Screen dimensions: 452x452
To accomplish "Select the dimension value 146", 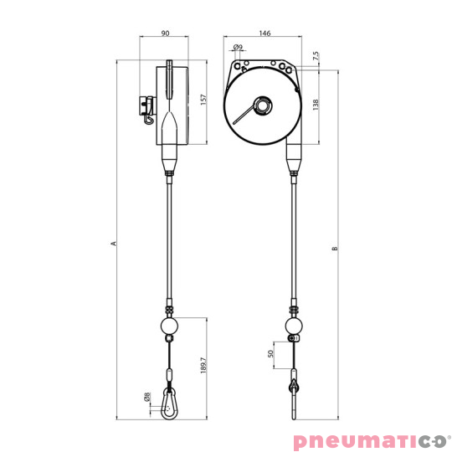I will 265,33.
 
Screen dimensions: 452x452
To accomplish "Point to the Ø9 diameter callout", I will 238,47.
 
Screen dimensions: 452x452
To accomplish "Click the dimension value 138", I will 316,105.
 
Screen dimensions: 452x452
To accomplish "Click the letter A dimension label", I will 112,244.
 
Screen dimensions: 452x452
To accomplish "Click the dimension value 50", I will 270,353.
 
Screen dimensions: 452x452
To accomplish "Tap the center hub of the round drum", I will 262,106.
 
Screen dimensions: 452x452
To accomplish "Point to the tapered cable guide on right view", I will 294,156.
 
